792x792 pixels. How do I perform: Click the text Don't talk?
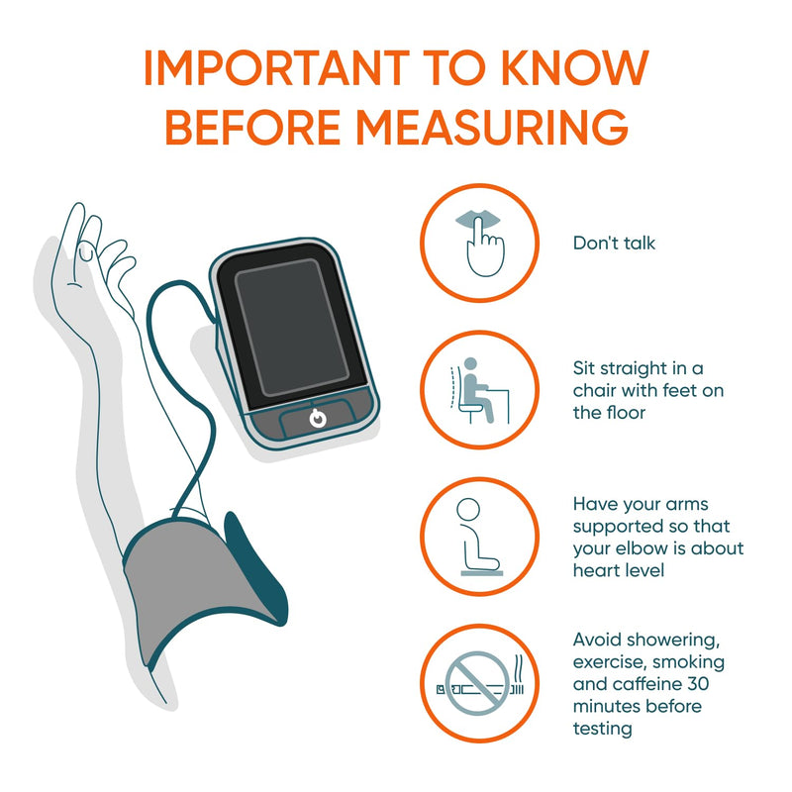[614, 243]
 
